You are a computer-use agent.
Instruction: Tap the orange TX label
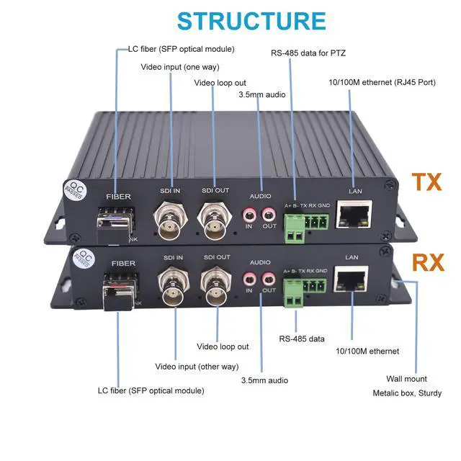coord(426,182)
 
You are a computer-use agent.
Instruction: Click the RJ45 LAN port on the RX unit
coord(352,279)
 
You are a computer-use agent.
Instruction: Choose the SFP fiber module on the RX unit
coord(116,290)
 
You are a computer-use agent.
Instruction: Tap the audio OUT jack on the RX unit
coord(269,277)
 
